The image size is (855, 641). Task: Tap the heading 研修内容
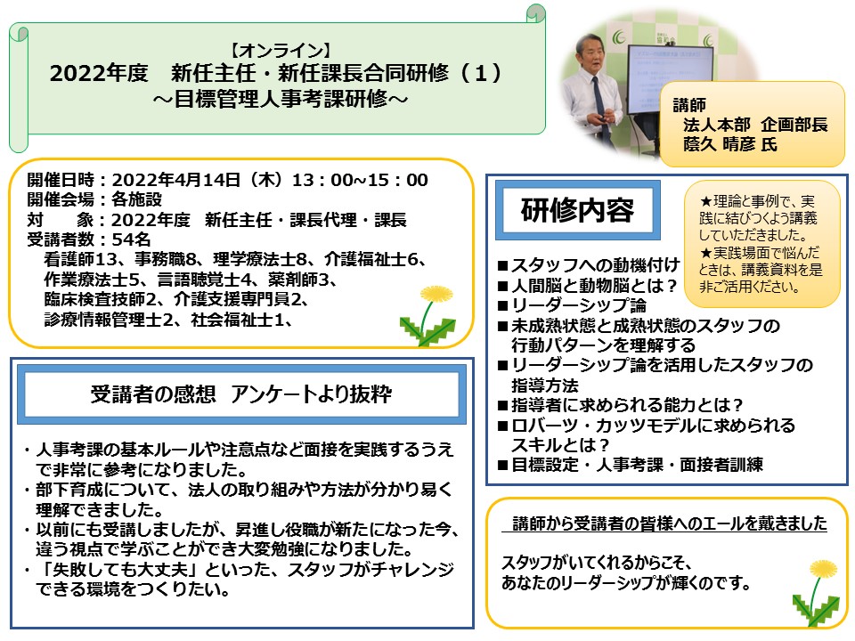[x=577, y=210]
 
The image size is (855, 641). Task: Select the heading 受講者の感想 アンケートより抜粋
[x=240, y=394]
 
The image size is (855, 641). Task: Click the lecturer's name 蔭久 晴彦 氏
[x=730, y=144]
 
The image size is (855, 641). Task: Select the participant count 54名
[x=131, y=239]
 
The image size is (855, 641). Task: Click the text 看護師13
[x=81, y=259]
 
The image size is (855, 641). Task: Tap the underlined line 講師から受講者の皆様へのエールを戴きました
[x=669, y=523]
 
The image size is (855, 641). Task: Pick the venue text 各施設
[x=136, y=199]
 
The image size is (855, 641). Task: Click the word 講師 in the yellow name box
[x=688, y=105]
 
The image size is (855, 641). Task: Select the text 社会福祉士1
[x=238, y=320]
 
